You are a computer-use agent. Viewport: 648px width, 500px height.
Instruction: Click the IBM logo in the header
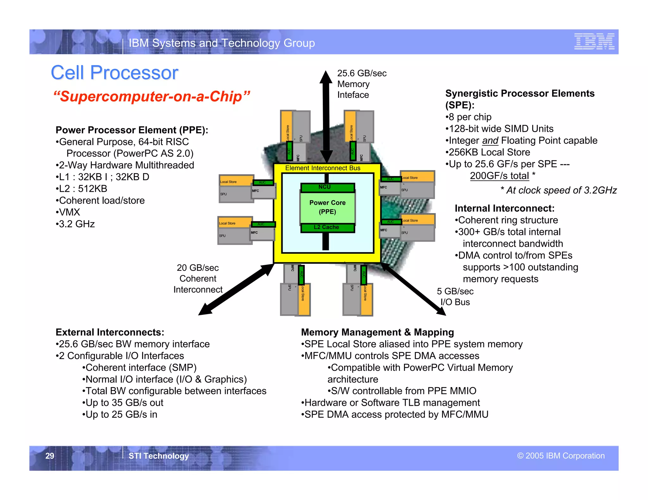pos(594,41)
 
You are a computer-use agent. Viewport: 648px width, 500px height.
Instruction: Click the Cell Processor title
pos(115,73)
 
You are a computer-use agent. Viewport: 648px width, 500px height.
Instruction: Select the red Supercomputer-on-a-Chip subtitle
pos(152,96)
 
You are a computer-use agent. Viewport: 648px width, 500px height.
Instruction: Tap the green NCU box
pos(327,187)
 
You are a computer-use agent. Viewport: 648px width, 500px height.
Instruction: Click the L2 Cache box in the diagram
pos(327,227)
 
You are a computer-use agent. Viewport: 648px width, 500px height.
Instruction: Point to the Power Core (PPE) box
pos(327,207)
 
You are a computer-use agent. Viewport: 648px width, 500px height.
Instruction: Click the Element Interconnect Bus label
pos(322,168)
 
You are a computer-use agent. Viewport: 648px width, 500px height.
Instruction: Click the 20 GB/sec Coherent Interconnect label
pos(198,278)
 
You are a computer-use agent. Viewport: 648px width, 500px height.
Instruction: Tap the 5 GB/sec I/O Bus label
pos(455,296)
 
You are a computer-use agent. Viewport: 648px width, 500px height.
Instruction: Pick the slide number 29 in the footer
pos(50,456)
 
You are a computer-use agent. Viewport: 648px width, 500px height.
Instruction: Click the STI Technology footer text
pos(159,456)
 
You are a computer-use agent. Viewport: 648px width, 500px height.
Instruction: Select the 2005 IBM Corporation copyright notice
pos(561,456)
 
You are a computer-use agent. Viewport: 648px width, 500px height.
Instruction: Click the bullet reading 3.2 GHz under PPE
pos(76,224)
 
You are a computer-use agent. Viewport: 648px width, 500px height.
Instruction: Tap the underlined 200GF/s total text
pos(499,176)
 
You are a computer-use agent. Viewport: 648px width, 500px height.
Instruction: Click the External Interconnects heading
pos(110,332)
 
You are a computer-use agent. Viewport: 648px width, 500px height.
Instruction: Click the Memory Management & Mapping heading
pos(377,332)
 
